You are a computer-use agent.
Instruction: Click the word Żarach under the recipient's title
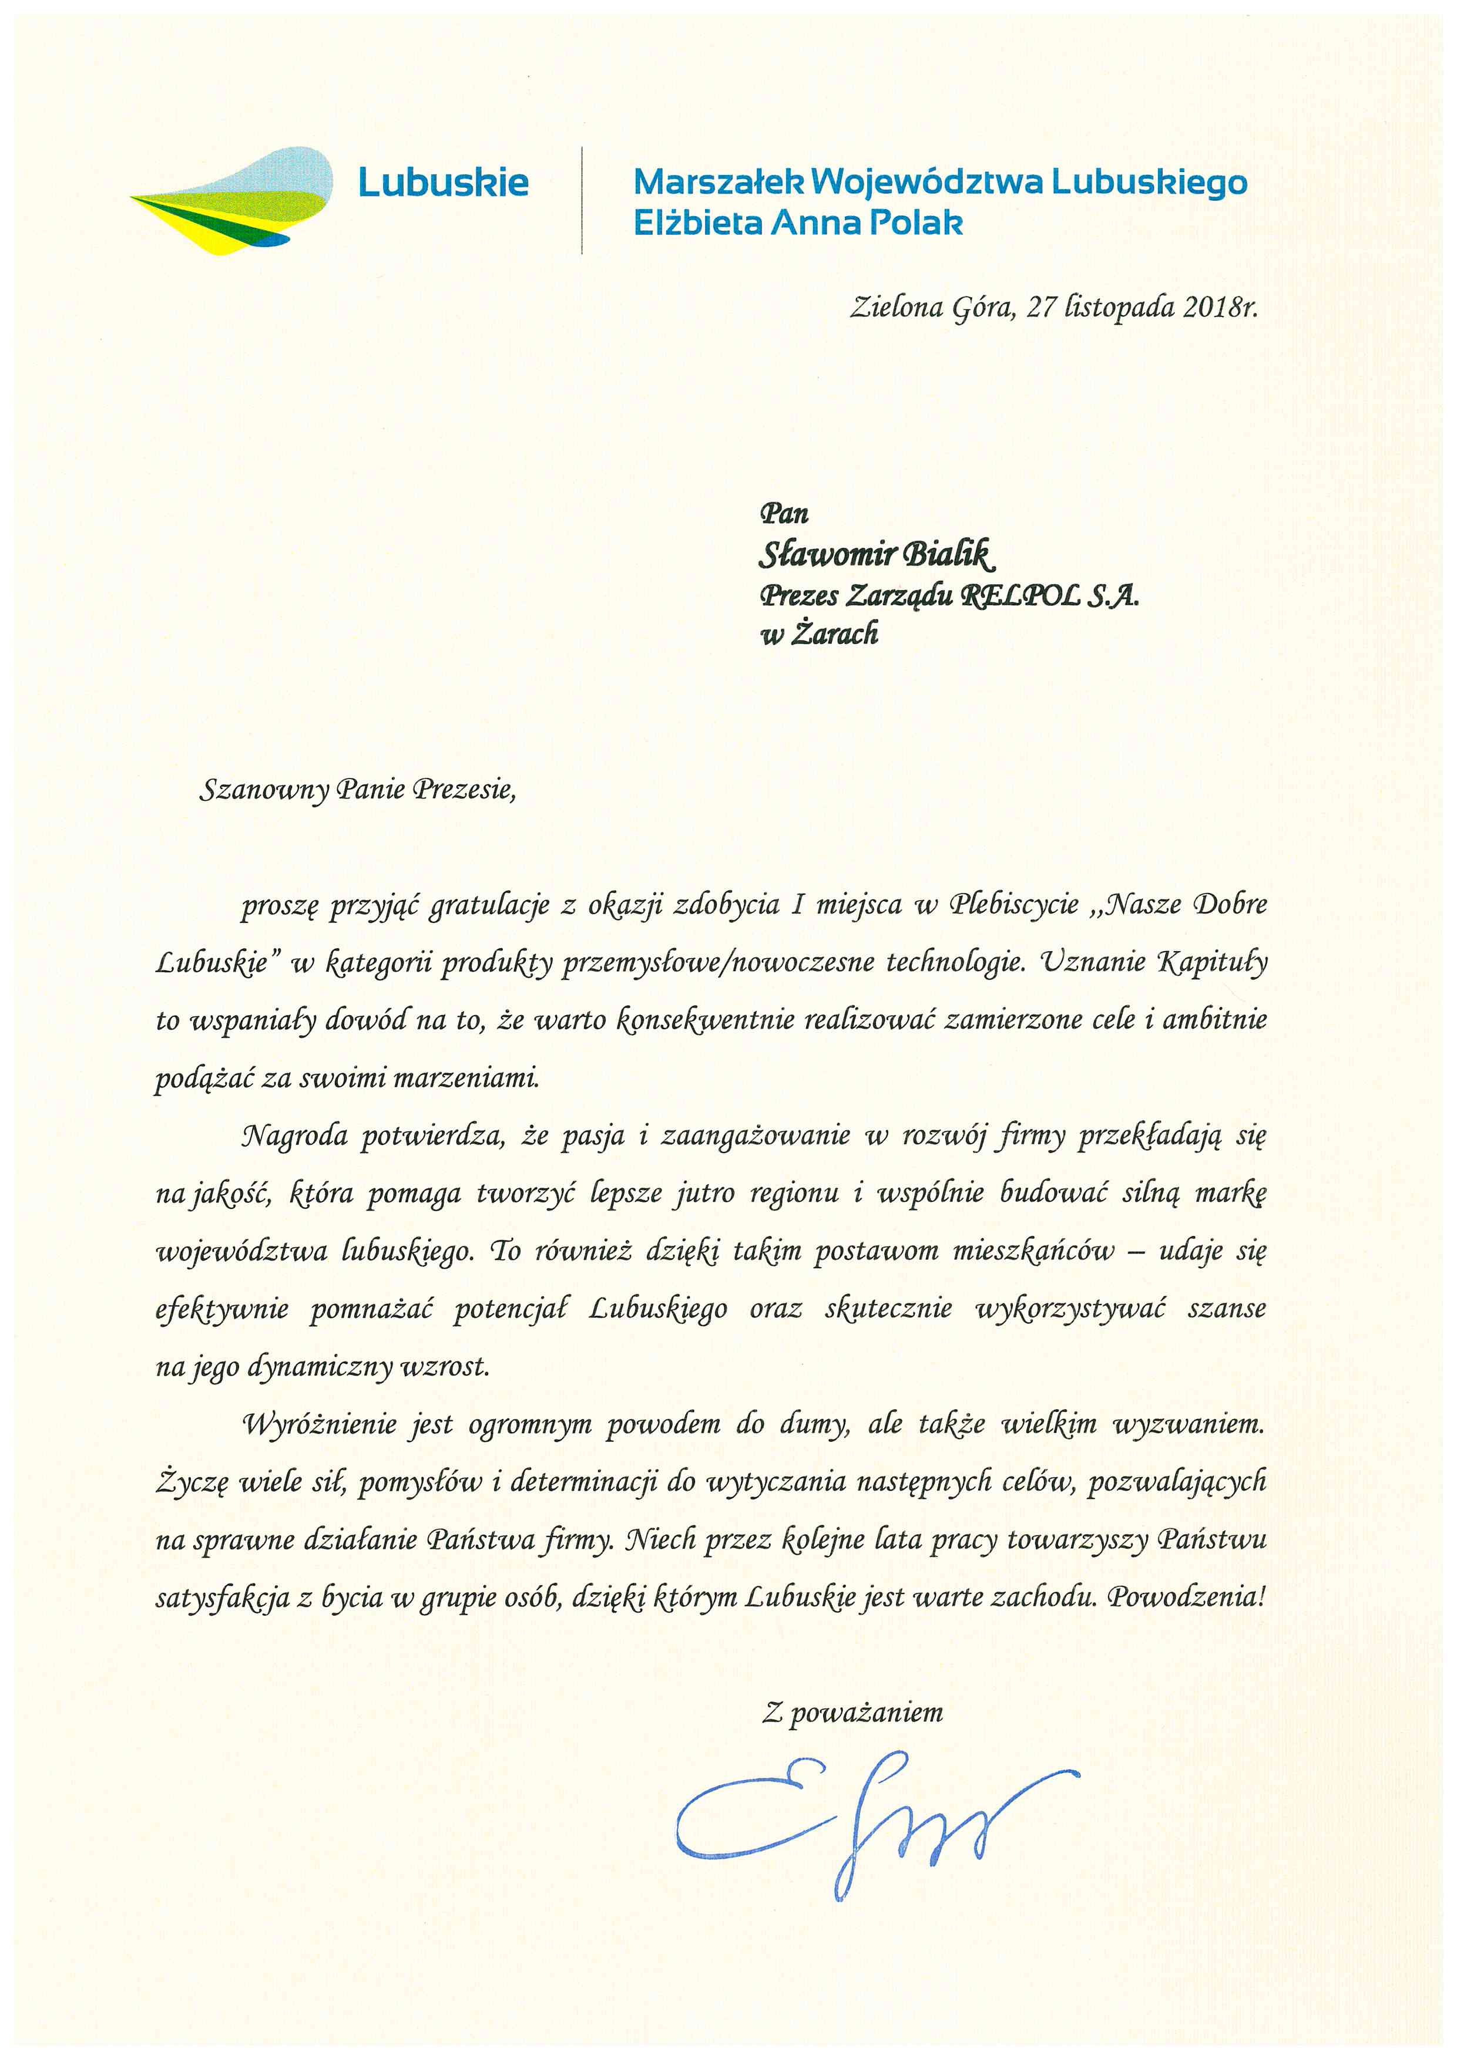click(832, 635)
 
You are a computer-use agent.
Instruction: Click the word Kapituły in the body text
click(1211, 963)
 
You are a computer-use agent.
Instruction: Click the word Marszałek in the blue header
click(718, 183)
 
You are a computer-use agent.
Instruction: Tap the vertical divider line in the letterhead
click(582, 200)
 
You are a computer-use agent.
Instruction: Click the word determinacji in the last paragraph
click(584, 1482)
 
